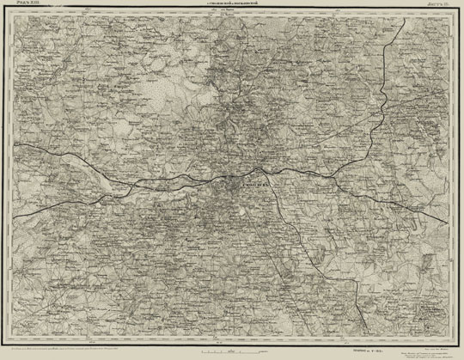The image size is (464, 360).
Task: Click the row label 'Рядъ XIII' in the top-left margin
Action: [25, 7]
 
